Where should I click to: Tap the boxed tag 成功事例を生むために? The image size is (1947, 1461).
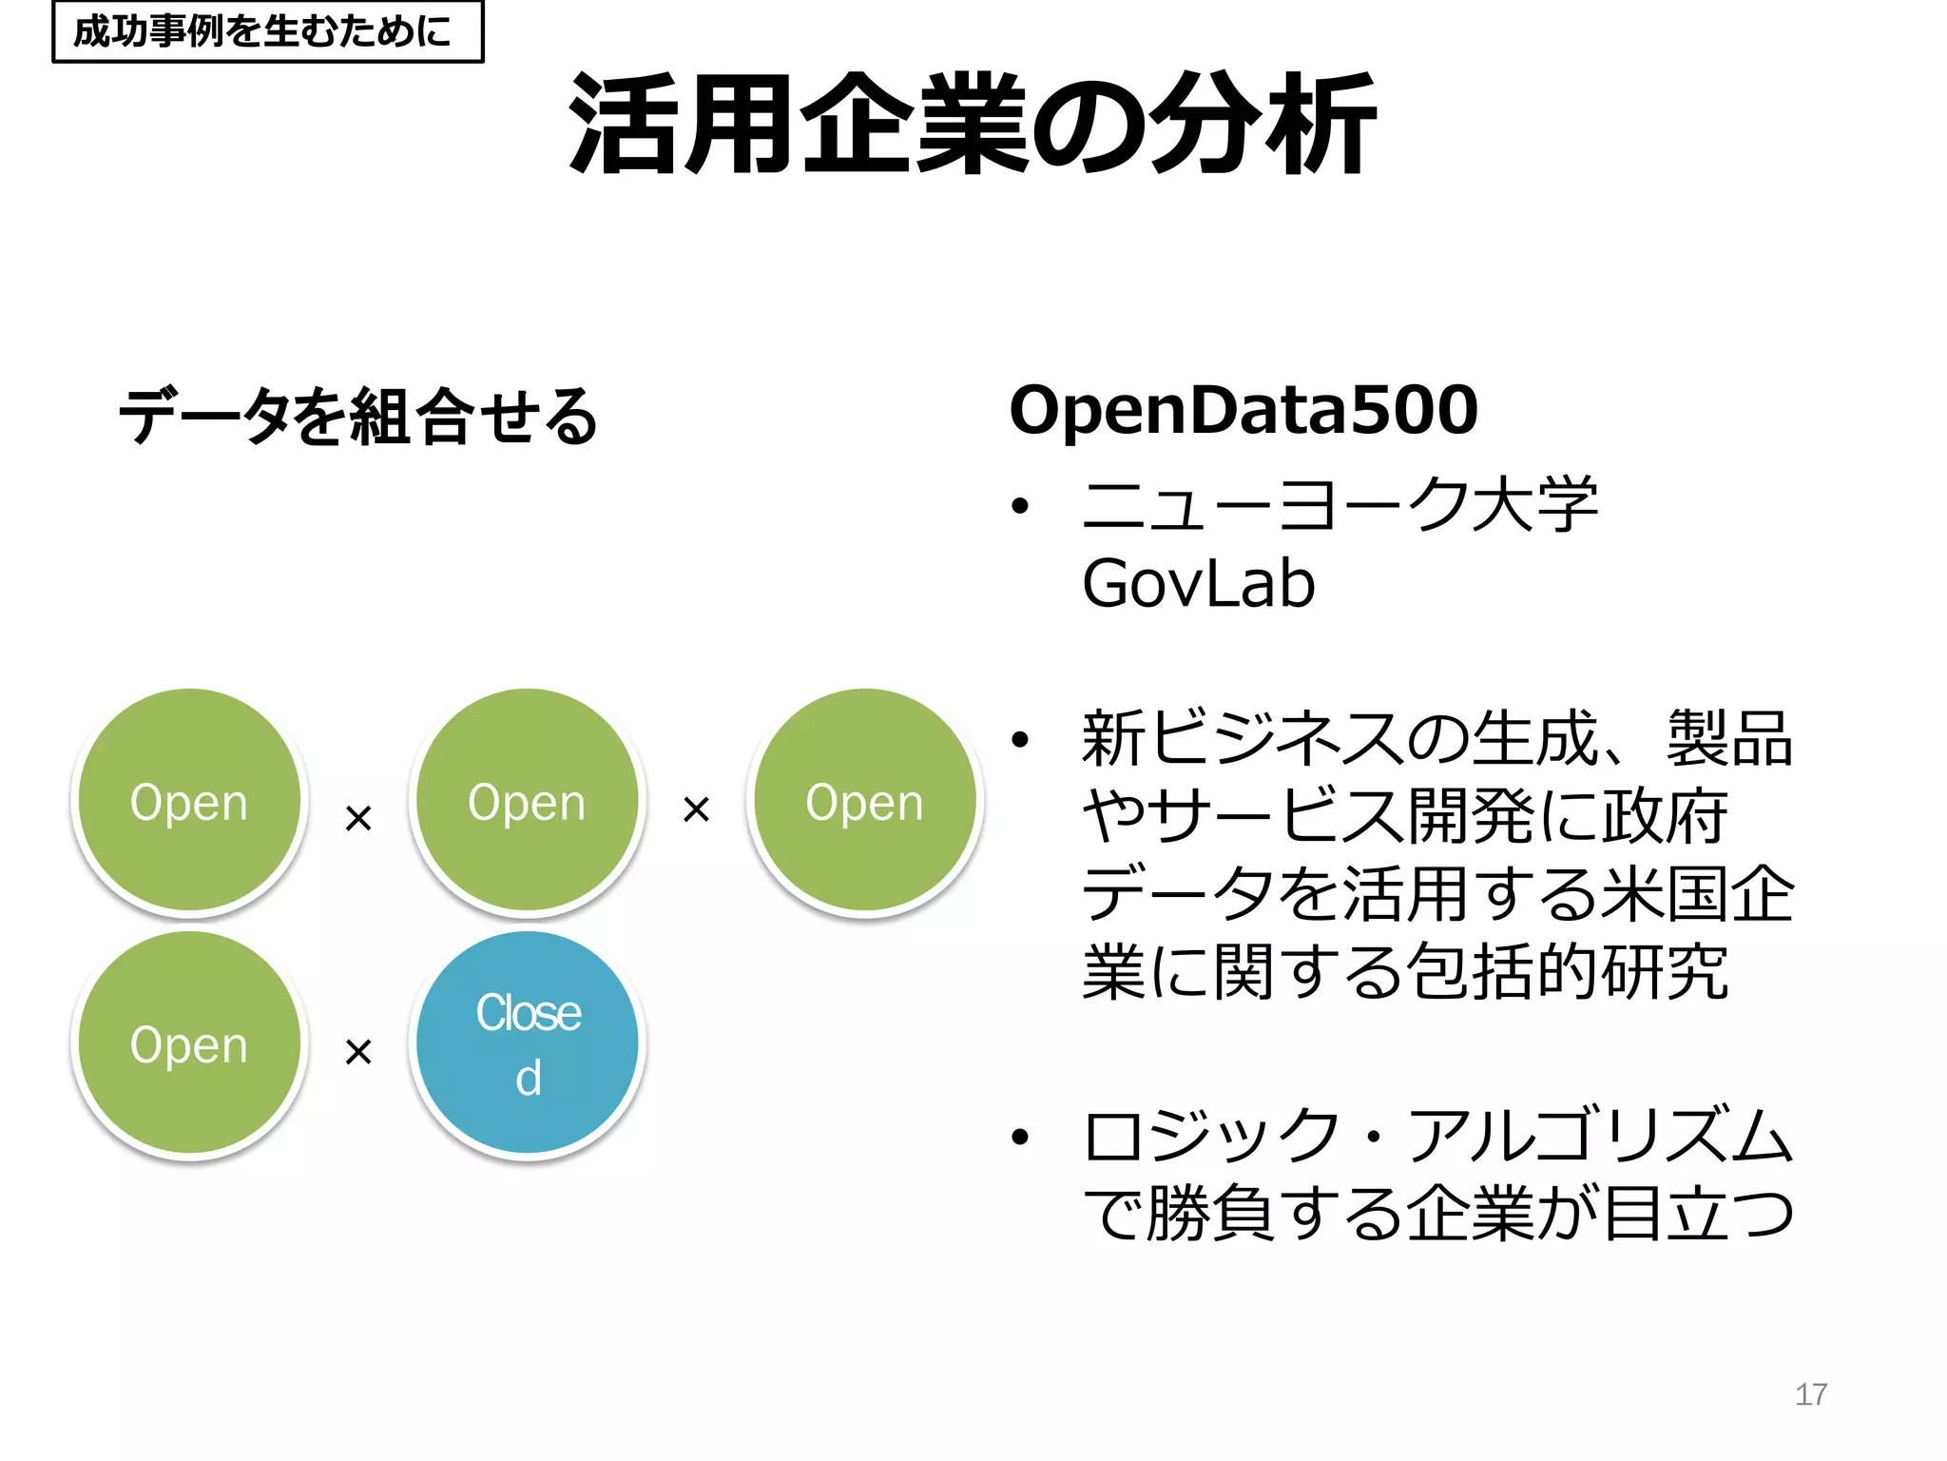[x=267, y=31]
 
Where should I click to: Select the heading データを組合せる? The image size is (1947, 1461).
[x=357, y=417]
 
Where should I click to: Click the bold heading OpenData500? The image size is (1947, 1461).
[x=1243, y=411]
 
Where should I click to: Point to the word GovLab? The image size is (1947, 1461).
[x=1198, y=583]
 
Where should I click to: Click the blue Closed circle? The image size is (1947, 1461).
[x=528, y=1043]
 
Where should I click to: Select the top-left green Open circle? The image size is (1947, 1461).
[x=189, y=801]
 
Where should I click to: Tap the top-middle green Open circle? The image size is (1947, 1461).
[x=528, y=801]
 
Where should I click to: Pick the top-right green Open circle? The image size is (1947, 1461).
[x=864, y=801]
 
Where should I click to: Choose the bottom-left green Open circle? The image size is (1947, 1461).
[x=189, y=1043]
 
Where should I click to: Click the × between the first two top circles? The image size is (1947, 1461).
[x=358, y=817]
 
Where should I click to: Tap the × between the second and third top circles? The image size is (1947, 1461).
[x=696, y=809]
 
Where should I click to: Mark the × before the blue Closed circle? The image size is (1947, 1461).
[x=358, y=1051]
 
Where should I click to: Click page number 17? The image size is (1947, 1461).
[x=1810, y=1394]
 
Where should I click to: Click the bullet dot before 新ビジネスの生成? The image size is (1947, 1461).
[x=1020, y=739]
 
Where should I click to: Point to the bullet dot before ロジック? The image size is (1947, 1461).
[x=1020, y=1137]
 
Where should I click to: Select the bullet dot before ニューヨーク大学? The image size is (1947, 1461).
[x=1020, y=506]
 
